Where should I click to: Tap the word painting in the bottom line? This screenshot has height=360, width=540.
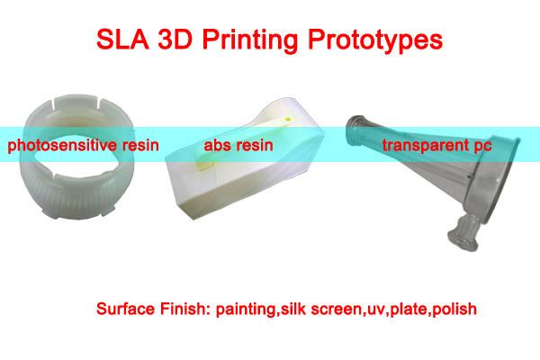(x=241, y=310)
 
